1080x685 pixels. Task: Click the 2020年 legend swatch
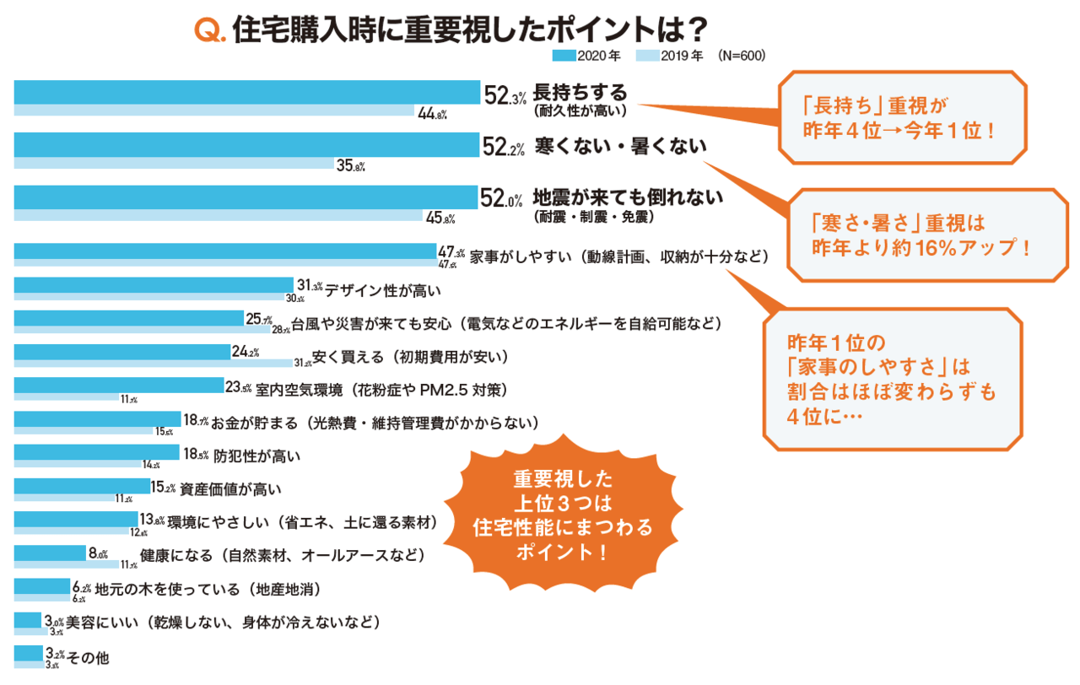[x=564, y=56]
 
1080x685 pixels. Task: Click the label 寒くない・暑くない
[x=621, y=147]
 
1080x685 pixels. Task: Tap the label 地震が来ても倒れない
[x=628, y=198]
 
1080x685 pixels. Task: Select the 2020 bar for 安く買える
[x=121, y=351]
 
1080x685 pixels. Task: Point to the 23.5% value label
[x=239, y=388]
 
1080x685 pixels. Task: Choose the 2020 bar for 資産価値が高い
[x=82, y=486]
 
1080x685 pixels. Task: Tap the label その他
[x=89, y=656]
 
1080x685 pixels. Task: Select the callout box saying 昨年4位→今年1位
[x=901, y=117]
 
